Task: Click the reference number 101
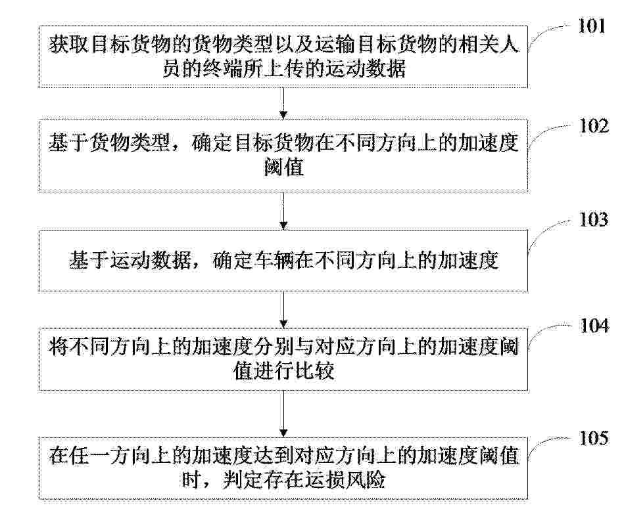click(591, 26)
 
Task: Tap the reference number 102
click(593, 126)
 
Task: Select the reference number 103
click(593, 220)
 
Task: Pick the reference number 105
click(593, 438)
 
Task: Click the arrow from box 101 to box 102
click(283, 103)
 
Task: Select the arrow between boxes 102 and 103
click(283, 211)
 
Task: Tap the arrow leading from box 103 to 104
click(283, 309)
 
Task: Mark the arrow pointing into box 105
click(283, 414)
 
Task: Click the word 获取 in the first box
click(69, 45)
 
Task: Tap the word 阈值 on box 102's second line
click(284, 167)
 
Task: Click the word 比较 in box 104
click(314, 371)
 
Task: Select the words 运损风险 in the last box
click(345, 479)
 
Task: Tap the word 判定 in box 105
click(243, 479)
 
